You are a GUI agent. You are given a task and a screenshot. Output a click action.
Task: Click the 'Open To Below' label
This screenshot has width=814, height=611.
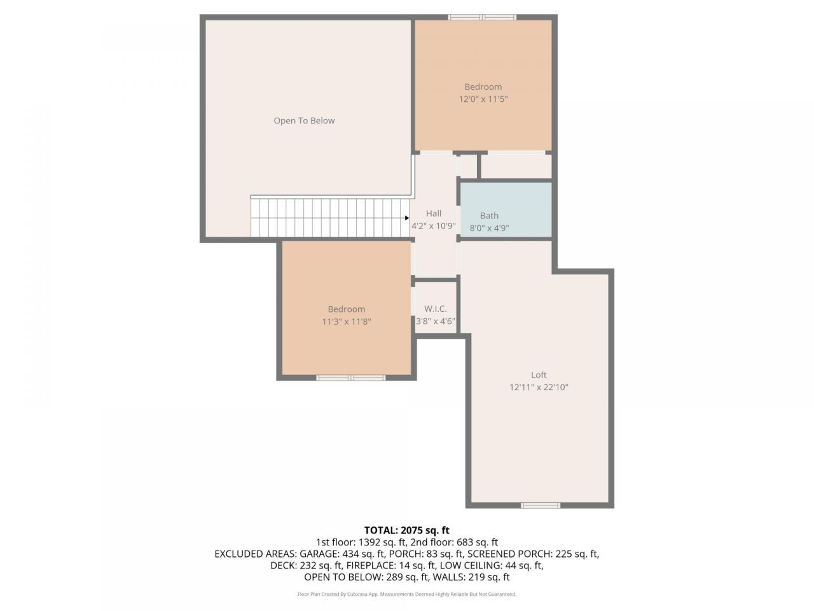pos(304,120)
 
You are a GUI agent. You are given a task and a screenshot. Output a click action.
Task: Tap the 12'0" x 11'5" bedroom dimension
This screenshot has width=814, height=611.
pos(483,99)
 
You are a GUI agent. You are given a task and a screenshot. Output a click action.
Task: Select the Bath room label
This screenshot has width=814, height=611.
pos(489,216)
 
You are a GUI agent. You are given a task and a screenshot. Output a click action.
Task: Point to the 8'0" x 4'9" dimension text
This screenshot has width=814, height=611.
pos(489,228)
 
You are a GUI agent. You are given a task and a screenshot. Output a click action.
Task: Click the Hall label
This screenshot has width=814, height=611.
pos(434,213)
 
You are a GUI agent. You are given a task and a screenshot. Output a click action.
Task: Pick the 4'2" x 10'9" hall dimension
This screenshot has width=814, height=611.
pos(434,226)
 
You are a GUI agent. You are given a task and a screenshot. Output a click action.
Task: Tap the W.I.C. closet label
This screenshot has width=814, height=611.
pos(436,309)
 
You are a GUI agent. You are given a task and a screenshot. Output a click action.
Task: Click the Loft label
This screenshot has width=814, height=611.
pos(539,375)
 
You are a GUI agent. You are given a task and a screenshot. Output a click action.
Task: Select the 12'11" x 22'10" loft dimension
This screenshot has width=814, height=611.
pos(539,388)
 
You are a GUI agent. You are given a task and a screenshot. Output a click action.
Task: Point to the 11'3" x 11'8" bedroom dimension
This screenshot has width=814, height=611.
pos(347,321)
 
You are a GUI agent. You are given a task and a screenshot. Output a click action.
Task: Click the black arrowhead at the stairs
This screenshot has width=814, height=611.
pos(407,218)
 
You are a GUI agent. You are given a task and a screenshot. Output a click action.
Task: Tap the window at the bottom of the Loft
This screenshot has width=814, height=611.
pos(541,505)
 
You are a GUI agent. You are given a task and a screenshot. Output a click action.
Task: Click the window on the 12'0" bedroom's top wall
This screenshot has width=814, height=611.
pos(482,17)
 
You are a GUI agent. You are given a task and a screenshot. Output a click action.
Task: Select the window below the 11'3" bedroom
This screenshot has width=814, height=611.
pos(350,378)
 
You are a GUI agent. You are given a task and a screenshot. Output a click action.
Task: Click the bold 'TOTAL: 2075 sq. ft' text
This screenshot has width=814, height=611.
pos(407,531)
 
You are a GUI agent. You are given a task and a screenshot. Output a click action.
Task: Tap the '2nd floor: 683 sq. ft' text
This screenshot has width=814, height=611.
pos(454,542)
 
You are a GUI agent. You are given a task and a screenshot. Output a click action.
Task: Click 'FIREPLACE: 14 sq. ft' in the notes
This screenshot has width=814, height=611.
pos(391,566)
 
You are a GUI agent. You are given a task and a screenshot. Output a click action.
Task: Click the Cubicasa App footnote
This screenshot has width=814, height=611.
pos(407,594)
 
